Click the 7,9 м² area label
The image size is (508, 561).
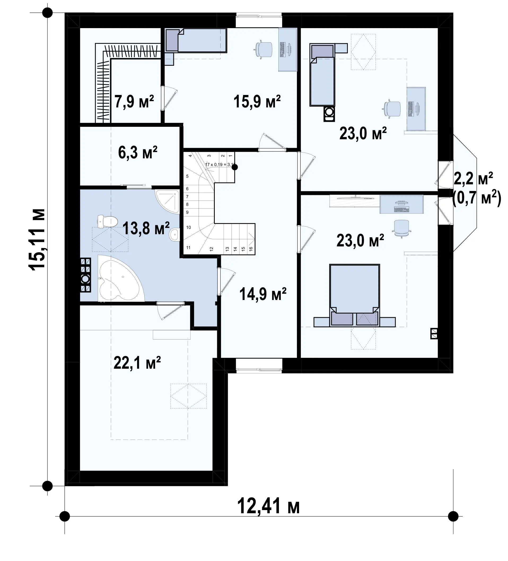pyautogui.click(x=134, y=101)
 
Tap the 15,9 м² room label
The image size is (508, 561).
pyautogui.click(x=257, y=101)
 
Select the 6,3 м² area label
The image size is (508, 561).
pyautogui.click(x=138, y=153)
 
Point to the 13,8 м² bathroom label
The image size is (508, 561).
pyautogui.click(x=146, y=228)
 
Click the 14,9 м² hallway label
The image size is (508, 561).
pyautogui.click(x=263, y=294)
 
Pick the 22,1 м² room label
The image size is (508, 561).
pyautogui.click(x=137, y=363)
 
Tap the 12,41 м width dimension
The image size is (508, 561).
pyautogui.click(x=268, y=506)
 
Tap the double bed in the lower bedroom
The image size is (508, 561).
pyautogui.click(x=354, y=295)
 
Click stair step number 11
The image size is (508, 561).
pyautogui.click(x=188, y=247)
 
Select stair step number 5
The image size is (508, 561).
pyautogui.click(x=187, y=176)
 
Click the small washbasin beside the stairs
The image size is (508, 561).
pyautogui.click(x=174, y=234)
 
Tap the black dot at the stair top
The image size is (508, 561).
pyautogui.click(x=235, y=167)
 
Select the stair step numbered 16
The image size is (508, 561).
pyautogui.click(x=251, y=249)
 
